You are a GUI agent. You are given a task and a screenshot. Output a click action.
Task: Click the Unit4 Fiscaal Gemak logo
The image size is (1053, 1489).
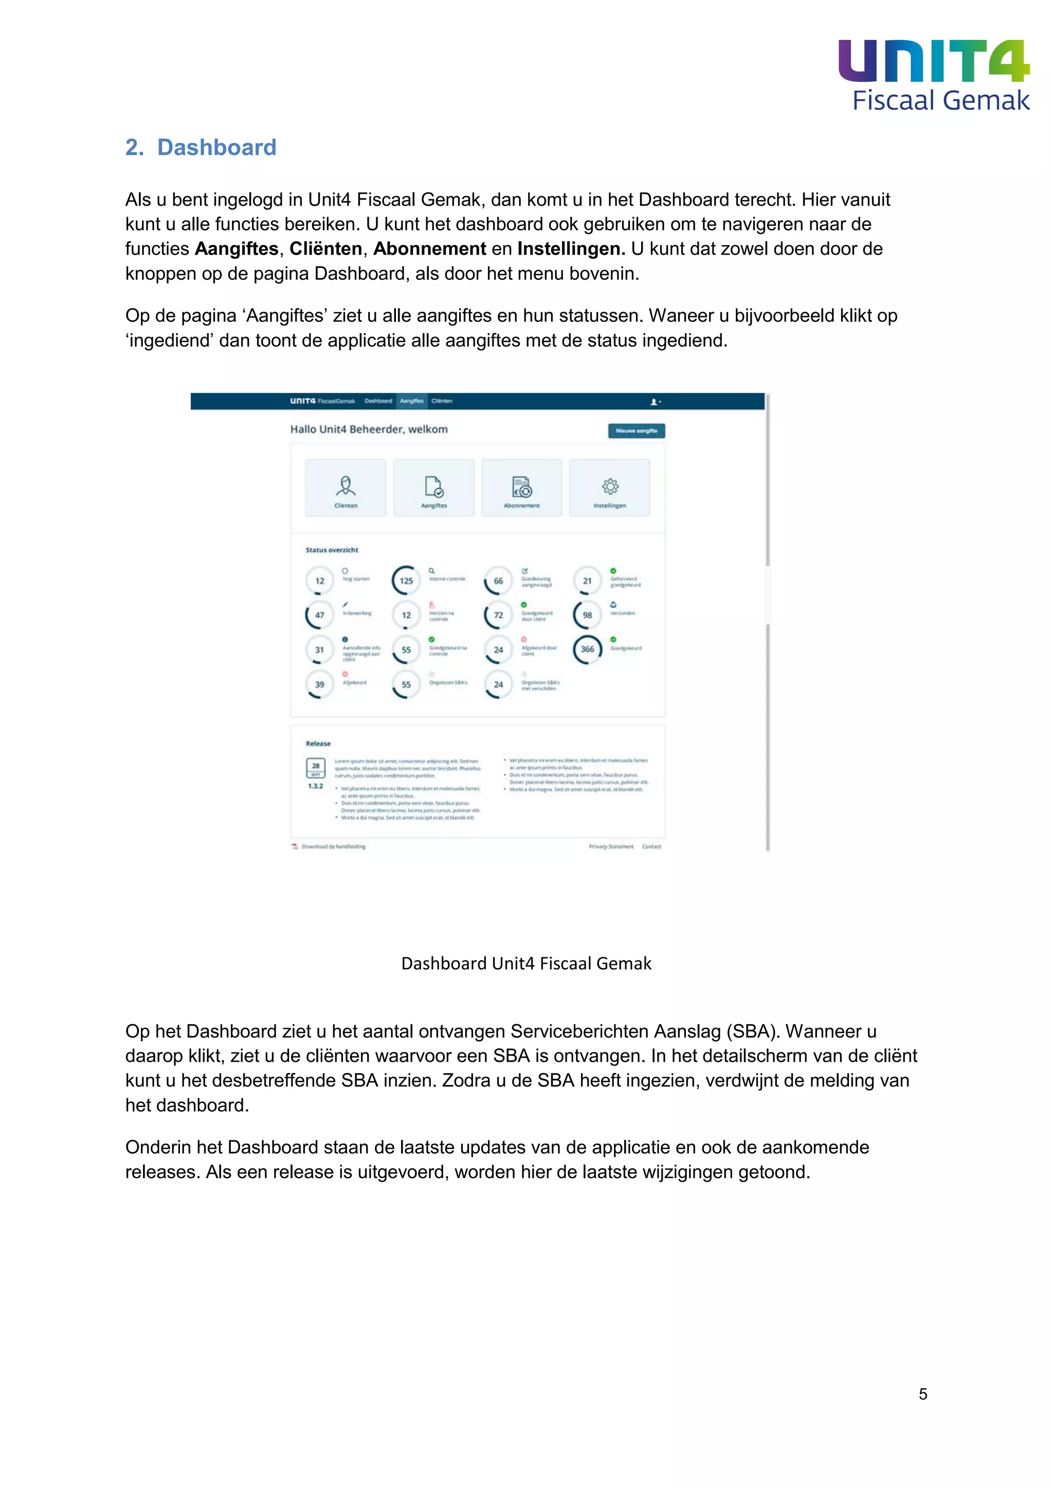coord(934,75)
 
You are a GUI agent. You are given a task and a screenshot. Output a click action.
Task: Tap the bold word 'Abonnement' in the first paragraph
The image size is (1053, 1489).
coord(429,249)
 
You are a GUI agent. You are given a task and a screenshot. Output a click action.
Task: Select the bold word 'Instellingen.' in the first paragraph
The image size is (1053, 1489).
coord(571,249)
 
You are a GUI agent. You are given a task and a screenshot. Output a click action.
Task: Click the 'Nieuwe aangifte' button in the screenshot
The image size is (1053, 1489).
coord(636,431)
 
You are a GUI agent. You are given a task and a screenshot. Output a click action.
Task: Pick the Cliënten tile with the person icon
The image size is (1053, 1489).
coord(346,488)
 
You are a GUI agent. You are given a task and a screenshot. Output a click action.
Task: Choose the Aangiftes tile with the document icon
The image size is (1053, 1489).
coord(434,488)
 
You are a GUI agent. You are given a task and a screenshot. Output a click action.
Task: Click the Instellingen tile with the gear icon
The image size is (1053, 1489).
coord(609,488)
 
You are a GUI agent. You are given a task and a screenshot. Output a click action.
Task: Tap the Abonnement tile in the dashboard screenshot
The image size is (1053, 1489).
coord(522,488)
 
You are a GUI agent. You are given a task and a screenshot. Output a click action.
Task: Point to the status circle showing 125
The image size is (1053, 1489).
coord(406,580)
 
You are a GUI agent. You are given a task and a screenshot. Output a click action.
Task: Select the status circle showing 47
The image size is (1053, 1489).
coord(320,615)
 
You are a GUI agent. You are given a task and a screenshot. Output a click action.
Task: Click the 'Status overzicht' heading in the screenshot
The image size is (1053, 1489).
coord(332,550)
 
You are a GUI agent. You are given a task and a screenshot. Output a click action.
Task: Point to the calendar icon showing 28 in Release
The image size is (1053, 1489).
coord(316,768)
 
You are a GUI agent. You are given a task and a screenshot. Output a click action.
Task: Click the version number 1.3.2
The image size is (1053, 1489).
coord(315,786)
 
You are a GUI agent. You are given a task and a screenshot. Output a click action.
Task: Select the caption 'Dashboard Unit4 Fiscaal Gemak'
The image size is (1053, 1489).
coord(526,964)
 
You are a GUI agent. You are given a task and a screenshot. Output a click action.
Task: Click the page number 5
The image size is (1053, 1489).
coord(923,1394)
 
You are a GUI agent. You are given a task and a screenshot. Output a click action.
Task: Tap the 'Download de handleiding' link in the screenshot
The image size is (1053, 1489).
coord(333,846)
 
